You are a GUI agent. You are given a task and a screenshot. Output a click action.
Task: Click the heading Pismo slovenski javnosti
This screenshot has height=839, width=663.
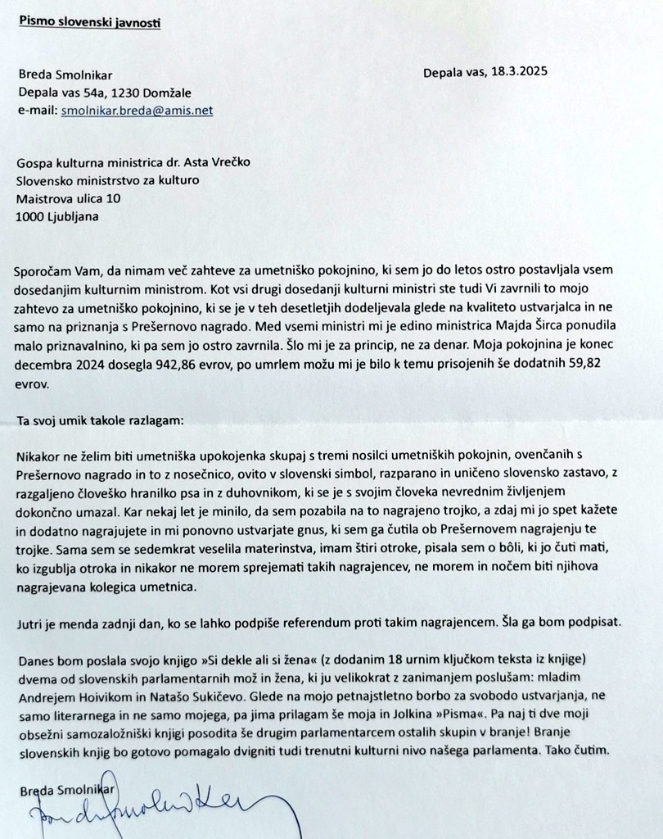coord(90,21)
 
